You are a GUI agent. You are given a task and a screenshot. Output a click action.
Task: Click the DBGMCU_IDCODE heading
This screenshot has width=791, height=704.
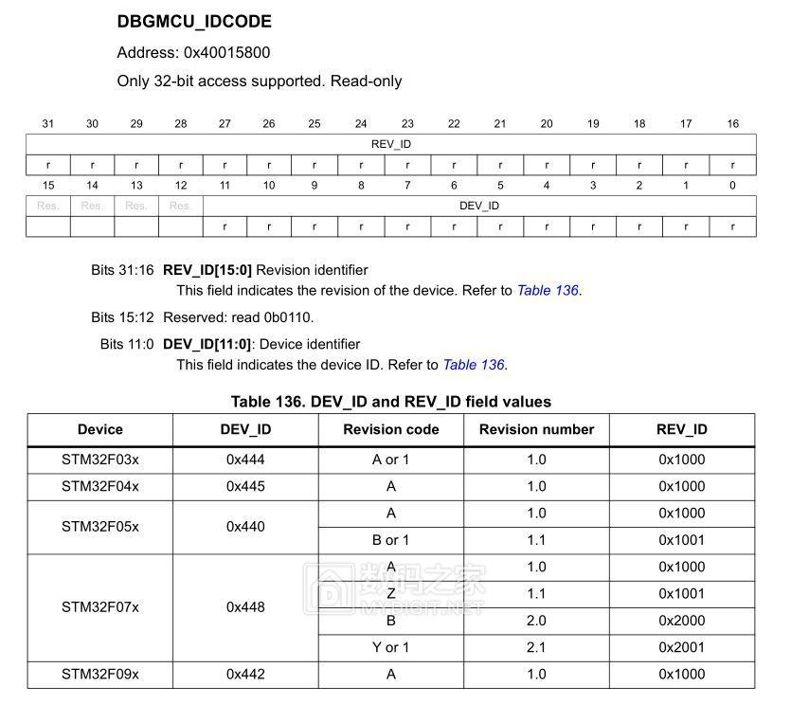pyautogui.click(x=194, y=21)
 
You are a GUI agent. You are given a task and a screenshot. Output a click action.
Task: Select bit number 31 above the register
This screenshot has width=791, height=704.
pyautogui.click(x=48, y=124)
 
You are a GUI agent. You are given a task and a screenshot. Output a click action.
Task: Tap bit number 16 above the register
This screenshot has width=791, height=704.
pyautogui.click(x=732, y=124)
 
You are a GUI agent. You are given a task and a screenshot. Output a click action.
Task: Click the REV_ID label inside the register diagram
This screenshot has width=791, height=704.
pyautogui.click(x=391, y=144)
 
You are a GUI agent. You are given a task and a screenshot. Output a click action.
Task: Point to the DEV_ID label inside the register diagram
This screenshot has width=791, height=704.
pyautogui.click(x=479, y=206)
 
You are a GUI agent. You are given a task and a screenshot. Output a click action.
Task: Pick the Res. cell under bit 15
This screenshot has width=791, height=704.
pyautogui.click(x=48, y=206)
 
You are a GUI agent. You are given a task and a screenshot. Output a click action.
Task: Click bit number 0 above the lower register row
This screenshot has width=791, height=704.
pyautogui.click(x=732, y=186)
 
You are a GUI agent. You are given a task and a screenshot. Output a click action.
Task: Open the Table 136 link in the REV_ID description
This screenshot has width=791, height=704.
pyautogui.click(x=547, y=291)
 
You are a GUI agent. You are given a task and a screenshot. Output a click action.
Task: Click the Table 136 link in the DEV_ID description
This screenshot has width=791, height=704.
pyautogui.click(x=473, y=365)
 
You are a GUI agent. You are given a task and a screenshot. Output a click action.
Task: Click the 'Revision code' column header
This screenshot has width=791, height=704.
pyautogui.click(x=391, y=429)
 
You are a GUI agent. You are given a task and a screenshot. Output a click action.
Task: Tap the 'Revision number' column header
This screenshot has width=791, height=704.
pyautogui.click(x=536, y=429)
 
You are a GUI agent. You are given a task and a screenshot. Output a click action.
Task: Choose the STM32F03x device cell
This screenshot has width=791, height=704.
pyautogui.click(x=99, y=460)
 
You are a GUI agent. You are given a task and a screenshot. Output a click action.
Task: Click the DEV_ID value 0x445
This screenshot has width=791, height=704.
pyautogui.click(x=245, y=486)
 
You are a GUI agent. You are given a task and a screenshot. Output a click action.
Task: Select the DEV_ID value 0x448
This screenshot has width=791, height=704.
pyautogui.click(x=245, y=607)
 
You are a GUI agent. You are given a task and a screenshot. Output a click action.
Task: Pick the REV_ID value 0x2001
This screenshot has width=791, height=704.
pyautogui.click(x=682, y=647)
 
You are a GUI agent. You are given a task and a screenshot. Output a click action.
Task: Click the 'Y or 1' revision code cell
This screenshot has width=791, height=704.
pyautogui.click(x=391, y=647)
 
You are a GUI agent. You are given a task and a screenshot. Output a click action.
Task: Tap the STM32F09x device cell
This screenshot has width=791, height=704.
pyautogui.click(x=99, y=675)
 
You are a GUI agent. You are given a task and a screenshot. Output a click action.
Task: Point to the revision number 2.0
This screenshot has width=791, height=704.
pyautogui.click(x=536, y=621)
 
